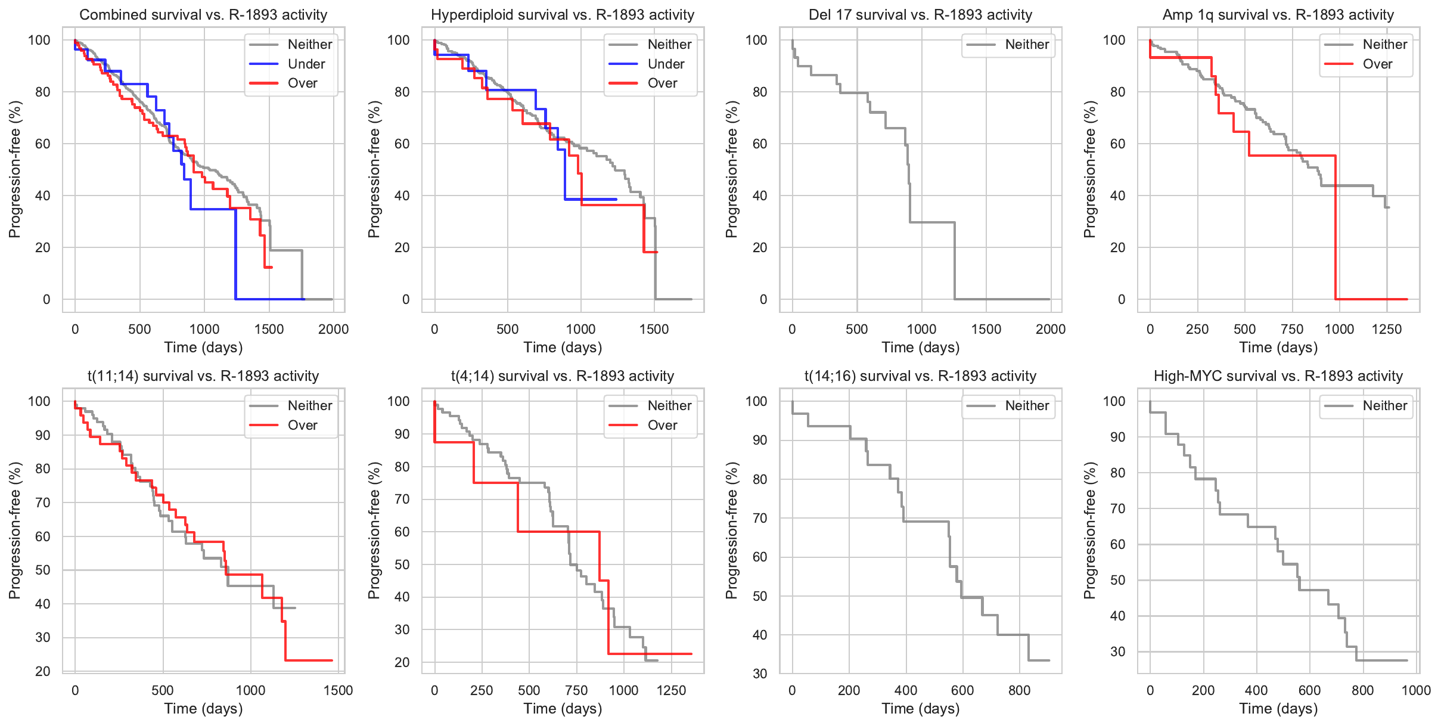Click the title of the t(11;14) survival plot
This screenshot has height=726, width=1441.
click(x=203, y=376)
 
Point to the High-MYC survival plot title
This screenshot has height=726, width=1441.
click(x=1278, y=376)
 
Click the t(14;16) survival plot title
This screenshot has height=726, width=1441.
click(x=920, y=376)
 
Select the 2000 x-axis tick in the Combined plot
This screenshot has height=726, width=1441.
click(x=333, y=329)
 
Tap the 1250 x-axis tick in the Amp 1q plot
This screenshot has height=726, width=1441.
click(x=1387, y=329)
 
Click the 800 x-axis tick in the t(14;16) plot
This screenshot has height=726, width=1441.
click(x=1019, y=690)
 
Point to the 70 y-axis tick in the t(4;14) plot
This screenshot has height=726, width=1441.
click(x=403, y=499)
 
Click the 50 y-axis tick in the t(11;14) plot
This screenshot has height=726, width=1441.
click(x=43, y=570)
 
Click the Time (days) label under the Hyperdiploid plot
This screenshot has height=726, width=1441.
click(x=563, y=348)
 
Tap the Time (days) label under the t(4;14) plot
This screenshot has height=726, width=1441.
click(x=563, y=709)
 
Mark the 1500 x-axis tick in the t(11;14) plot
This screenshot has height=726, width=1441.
click(x=338, y=690)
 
